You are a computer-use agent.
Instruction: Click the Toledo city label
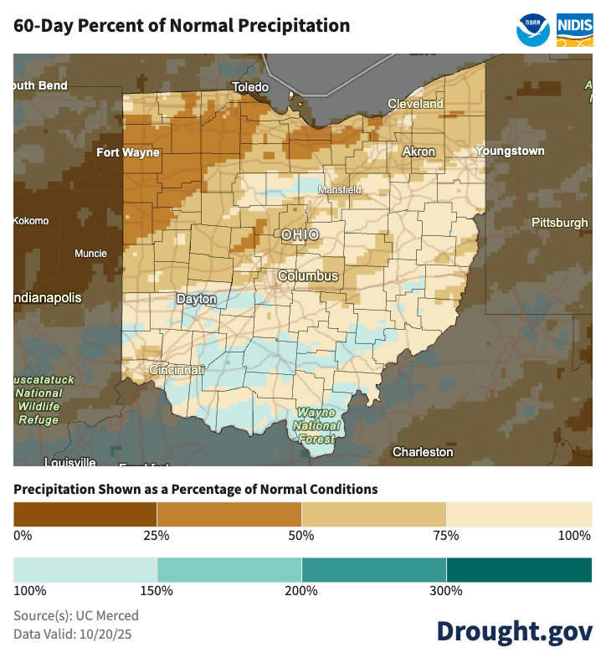click(250, 87)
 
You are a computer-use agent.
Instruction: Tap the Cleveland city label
click(415, 104)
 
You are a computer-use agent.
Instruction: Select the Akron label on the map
click(419, 152)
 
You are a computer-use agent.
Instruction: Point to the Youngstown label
click(510, 152)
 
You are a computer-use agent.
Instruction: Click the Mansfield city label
click(339, 190)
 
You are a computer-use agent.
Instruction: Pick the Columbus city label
click(308, 276)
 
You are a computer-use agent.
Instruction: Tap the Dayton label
click(196, 299)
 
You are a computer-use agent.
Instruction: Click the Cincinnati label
click(176, 370)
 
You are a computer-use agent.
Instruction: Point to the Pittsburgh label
click(560, 223)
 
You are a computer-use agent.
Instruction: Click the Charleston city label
click(423, 452)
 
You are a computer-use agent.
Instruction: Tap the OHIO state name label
click(300, 234)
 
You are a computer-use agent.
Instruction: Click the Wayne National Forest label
click(317, 426)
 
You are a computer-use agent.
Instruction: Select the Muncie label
click(90, 254)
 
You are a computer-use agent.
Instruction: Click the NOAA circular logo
click(533, 28)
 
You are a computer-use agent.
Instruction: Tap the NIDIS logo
click(575, 28)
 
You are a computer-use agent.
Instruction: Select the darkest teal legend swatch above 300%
click(519, 570)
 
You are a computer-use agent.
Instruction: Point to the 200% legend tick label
click(301, 591)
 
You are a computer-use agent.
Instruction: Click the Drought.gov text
click(514, 631)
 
